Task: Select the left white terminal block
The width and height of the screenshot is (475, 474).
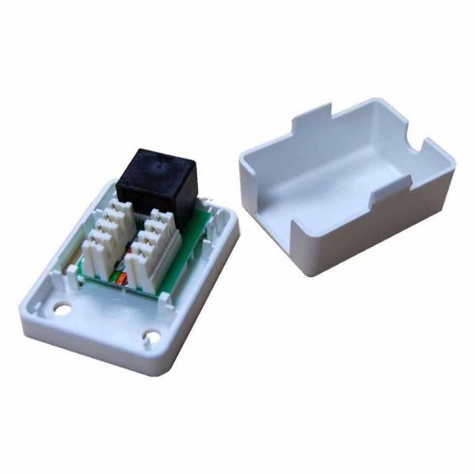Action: click(106, 233)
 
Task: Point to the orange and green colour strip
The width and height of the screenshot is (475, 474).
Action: click(119, 279)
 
